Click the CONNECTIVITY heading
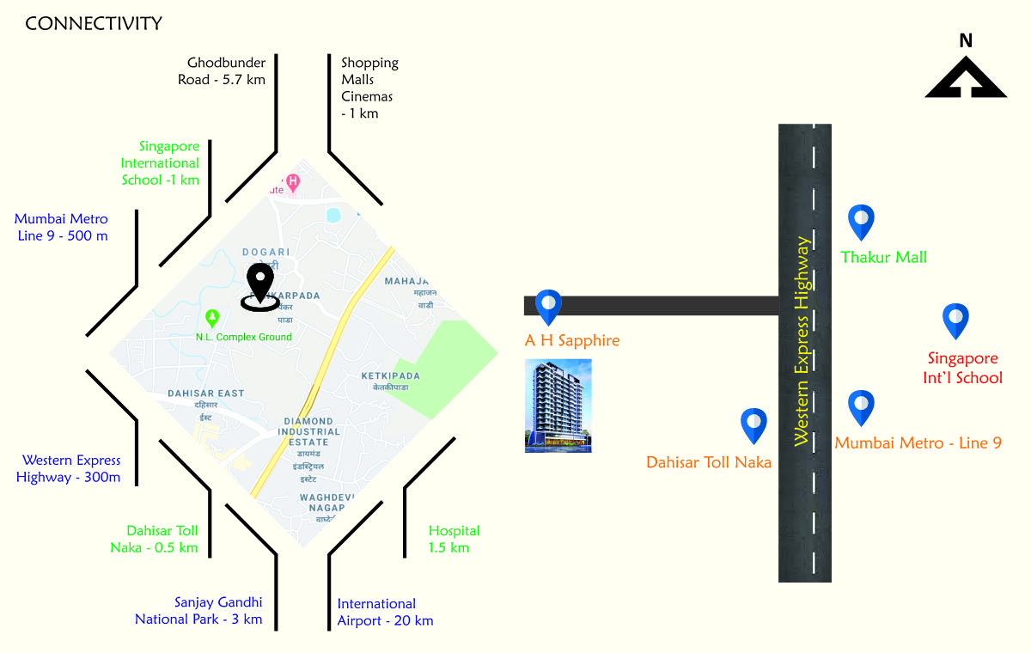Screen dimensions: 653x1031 coord(94,24)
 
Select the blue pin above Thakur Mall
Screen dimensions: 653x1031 coord(861,222)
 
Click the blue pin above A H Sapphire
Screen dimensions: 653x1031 coord(548,306)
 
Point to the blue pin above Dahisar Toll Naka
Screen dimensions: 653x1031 coord(754,425)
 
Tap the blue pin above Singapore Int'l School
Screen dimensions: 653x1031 coord(955,320)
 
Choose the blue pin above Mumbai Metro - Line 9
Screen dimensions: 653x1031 coord(861,407)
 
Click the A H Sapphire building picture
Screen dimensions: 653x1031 coord(558,406)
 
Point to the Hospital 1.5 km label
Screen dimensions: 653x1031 coord(454,540)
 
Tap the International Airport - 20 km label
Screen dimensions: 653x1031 coord(385,612)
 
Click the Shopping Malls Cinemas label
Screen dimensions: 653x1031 coord(369,88)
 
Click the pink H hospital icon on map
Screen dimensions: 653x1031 coord(293,181)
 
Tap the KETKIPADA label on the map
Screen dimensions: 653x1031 coord(390,376)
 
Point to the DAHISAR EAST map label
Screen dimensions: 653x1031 coord(206,394)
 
